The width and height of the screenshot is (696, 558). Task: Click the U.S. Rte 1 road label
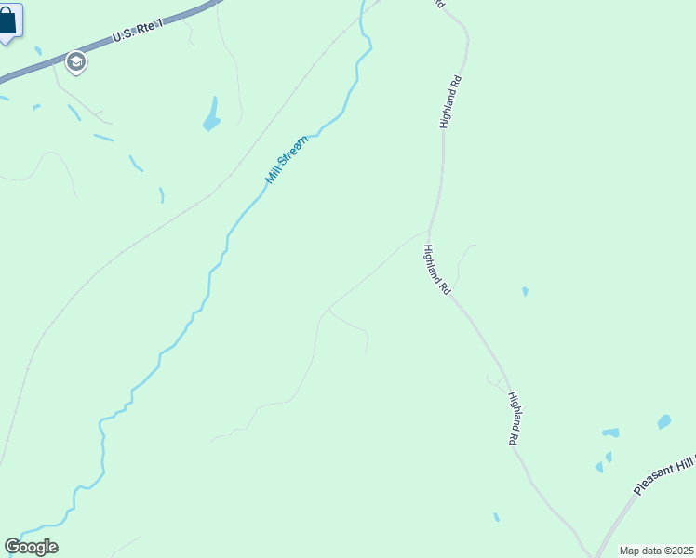pyautogui.click(x=137, y=31)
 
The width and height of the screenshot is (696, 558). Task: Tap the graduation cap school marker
pyautogui.click(x=75, y=62)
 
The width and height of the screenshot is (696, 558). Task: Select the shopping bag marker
pyautogui.click(x=8, y=20)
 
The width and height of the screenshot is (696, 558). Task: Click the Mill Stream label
pyautogui.click(x=286, y=158)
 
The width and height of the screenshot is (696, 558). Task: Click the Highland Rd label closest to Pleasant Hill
pyautogui.click(x=513, y=418)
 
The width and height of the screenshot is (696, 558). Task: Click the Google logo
pyautogui.click(x=31, y=547)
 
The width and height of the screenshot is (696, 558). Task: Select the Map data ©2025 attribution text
pyautogui.click(x=657, y=551)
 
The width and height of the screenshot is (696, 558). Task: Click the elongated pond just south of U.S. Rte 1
pyautogui.click(x=212, y=115)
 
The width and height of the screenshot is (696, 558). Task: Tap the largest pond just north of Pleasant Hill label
pyautogui.click(x=663, y=422)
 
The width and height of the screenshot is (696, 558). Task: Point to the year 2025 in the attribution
pyautogui.click(x=682, y=551)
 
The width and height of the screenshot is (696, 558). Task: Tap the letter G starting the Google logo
pyautogui.click(x=12, y=547)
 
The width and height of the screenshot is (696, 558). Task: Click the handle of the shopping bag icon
pyautogui.click(x=7, y=12)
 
